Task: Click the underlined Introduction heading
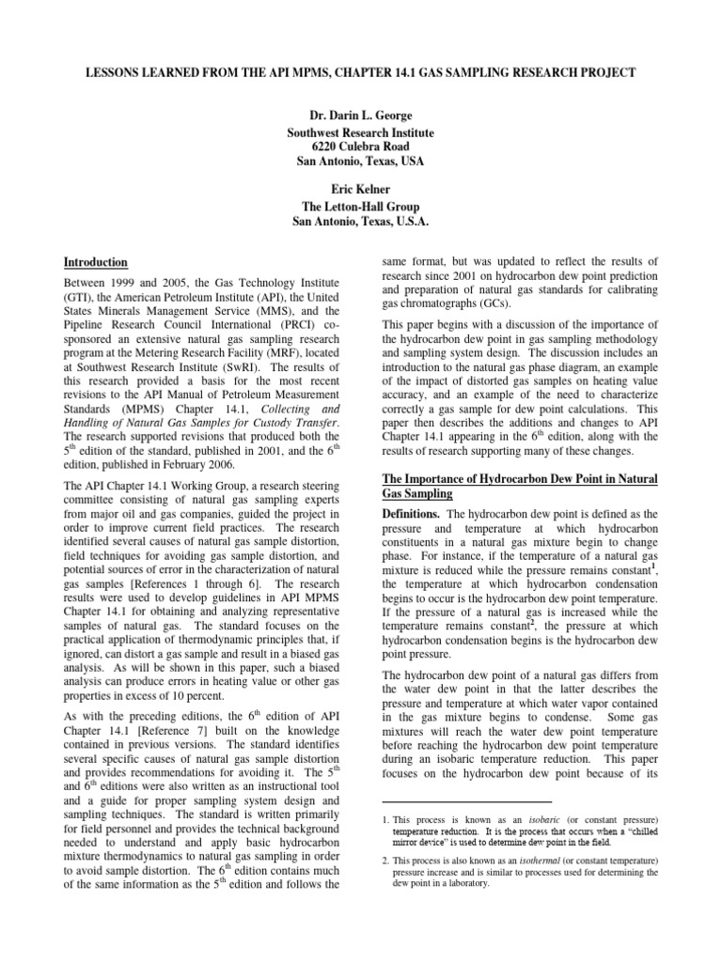coord(95,262)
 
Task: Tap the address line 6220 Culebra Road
coord(360,147)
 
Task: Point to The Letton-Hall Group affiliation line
coord(360,205)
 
